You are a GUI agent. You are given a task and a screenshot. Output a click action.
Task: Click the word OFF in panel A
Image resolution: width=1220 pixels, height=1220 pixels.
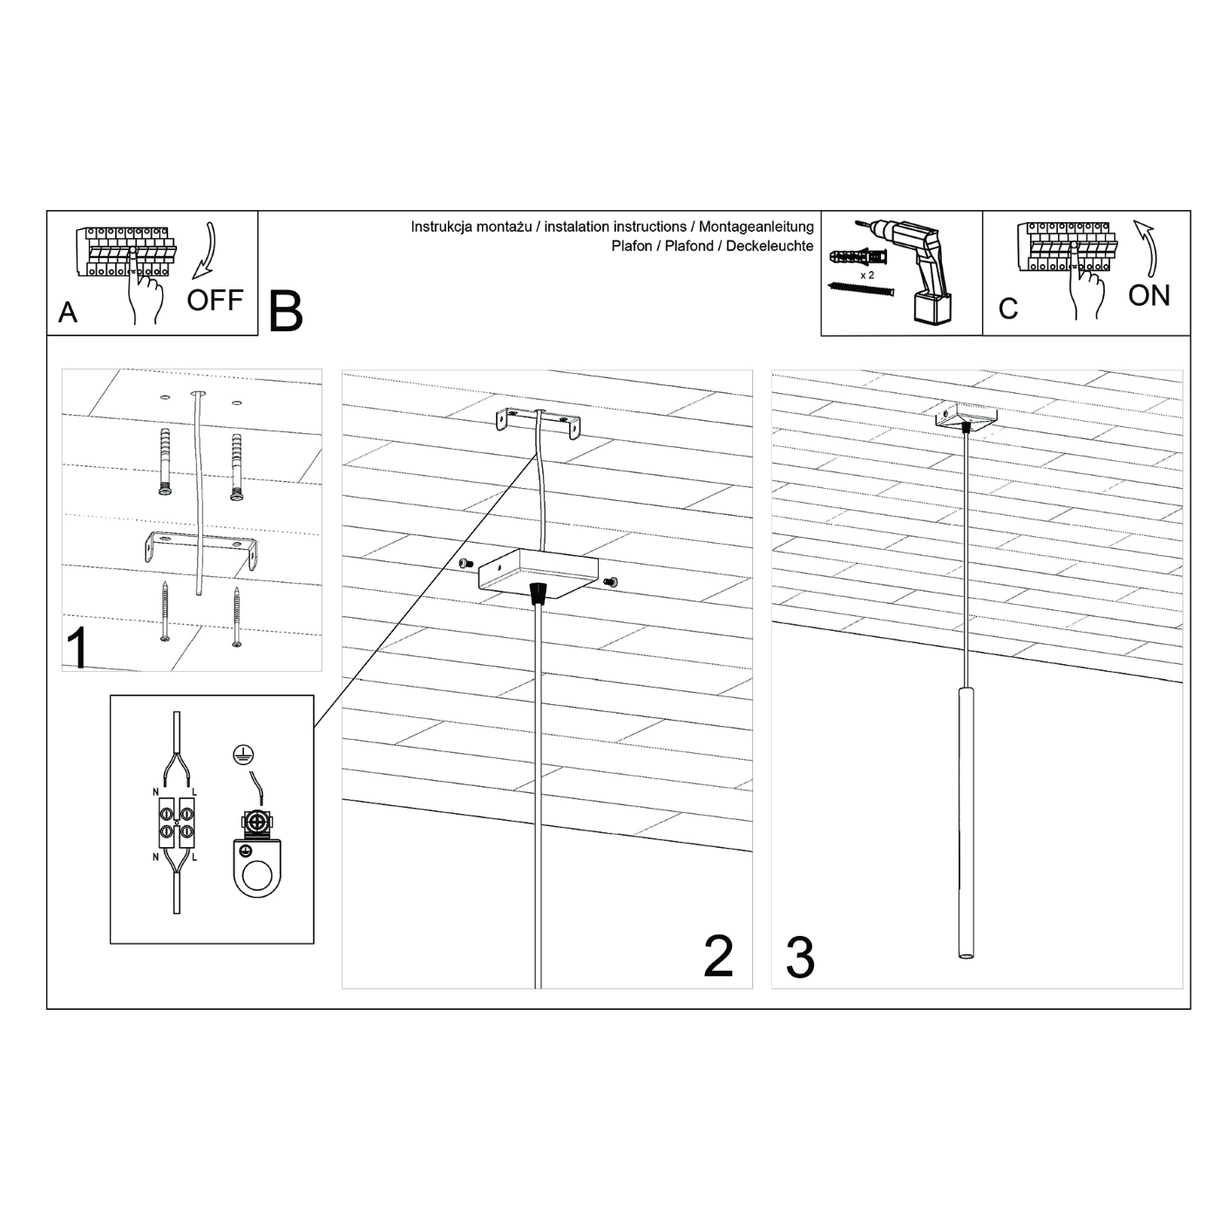214,301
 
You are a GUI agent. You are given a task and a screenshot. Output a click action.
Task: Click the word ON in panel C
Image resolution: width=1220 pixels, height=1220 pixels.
1149,296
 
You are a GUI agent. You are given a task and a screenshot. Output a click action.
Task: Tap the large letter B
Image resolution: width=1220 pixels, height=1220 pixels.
285,311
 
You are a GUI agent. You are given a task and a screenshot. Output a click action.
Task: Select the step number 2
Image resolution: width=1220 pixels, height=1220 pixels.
718,956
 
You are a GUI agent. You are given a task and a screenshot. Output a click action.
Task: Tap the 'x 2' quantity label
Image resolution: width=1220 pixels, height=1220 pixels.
866,275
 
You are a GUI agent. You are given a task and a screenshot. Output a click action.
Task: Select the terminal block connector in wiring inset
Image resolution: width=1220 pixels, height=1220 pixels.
177,823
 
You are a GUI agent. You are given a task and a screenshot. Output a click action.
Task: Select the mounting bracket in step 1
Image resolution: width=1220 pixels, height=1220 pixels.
200,550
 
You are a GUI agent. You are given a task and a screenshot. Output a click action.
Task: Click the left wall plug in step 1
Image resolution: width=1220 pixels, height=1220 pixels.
166,462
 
